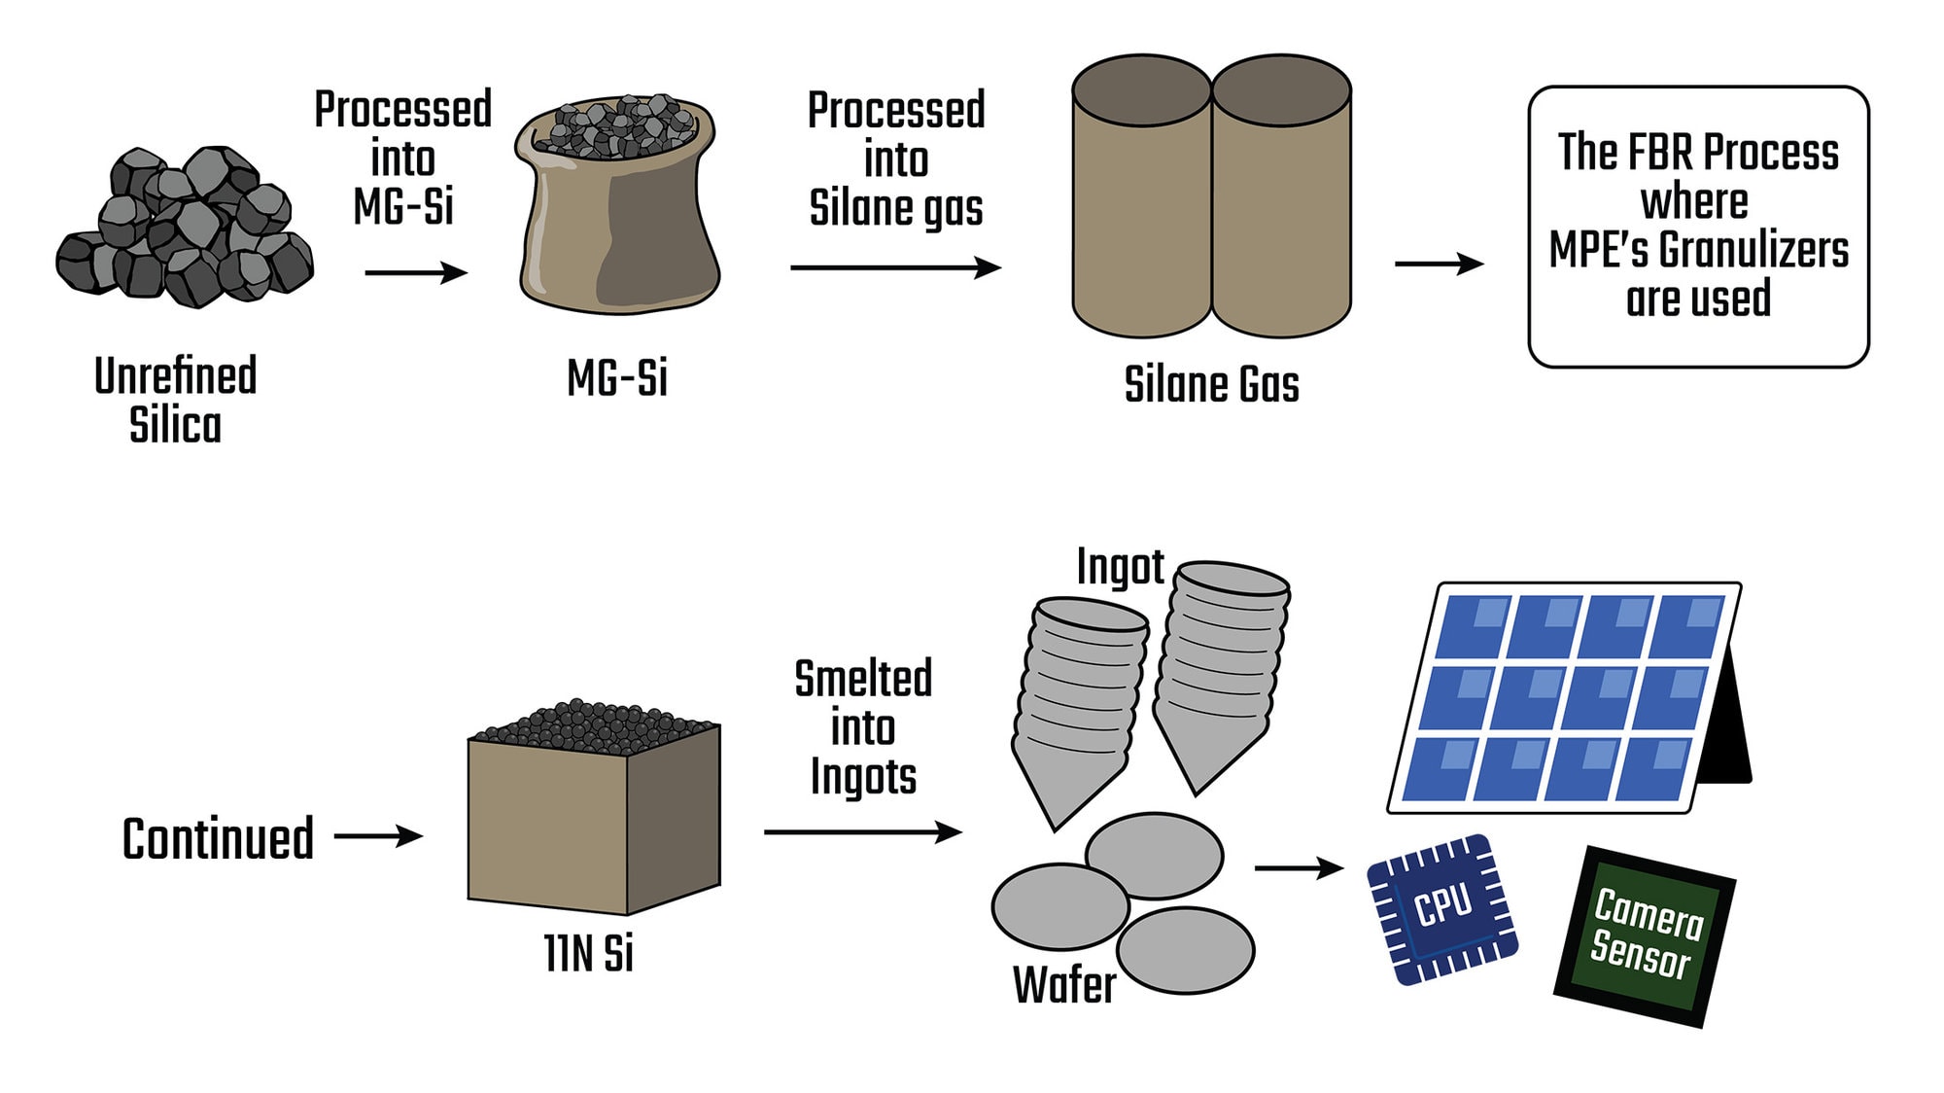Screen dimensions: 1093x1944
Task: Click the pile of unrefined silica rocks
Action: [x=185, y=229]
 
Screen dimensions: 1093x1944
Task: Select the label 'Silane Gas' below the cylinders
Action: [x=1211, y=385]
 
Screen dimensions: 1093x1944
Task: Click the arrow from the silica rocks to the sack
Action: [x=416, y=273]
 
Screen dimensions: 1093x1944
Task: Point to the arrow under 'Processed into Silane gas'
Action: [x=895, y=267]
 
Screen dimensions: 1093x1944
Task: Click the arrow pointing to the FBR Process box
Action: [x=1439, y=264]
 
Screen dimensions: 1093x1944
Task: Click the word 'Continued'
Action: [x=219, y=838]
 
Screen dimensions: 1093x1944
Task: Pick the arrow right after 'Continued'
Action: [x=378, y=836]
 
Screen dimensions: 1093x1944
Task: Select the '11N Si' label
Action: [x=588, y=953]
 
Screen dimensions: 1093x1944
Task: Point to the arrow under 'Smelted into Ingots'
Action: [x=862, y=832]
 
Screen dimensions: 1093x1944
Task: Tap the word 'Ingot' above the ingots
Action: [x=1120, y=567]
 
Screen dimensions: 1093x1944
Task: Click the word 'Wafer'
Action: [x=1064, y=985]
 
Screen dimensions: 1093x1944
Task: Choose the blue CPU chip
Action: [x=1442, y=909]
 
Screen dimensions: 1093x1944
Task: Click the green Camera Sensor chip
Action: [x=1645, y=935]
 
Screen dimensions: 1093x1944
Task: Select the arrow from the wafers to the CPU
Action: [x=1299, y=866]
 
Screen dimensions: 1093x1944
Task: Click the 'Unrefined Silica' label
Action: [x=176, y=400]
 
